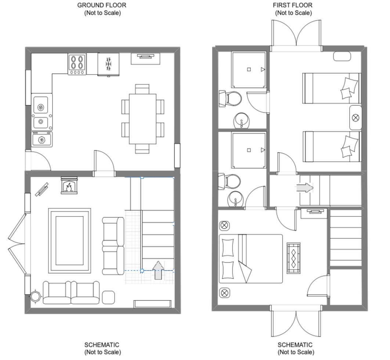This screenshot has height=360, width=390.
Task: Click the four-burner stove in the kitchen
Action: point(77,64)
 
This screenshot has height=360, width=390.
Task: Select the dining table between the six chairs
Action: point(142,119)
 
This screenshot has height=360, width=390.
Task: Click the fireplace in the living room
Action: point(69,186)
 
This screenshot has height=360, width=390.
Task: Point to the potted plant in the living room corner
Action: point(35,296)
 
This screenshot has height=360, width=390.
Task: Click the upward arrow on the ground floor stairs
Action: point(158,270)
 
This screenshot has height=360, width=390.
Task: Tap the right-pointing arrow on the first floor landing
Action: point(304,188)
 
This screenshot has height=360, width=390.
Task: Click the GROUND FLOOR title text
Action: point(102,5)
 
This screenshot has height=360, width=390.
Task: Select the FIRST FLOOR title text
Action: point(293,5)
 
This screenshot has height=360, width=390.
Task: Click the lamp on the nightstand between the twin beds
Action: point(355,118)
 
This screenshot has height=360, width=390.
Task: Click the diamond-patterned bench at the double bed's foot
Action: point(293,258)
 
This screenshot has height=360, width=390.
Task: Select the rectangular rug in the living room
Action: point(69,241)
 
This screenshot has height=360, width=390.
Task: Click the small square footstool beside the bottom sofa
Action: point(108,297)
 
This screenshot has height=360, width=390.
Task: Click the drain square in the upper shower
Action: point(249,69)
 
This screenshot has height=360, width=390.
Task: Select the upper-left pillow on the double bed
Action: point(228,247)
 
